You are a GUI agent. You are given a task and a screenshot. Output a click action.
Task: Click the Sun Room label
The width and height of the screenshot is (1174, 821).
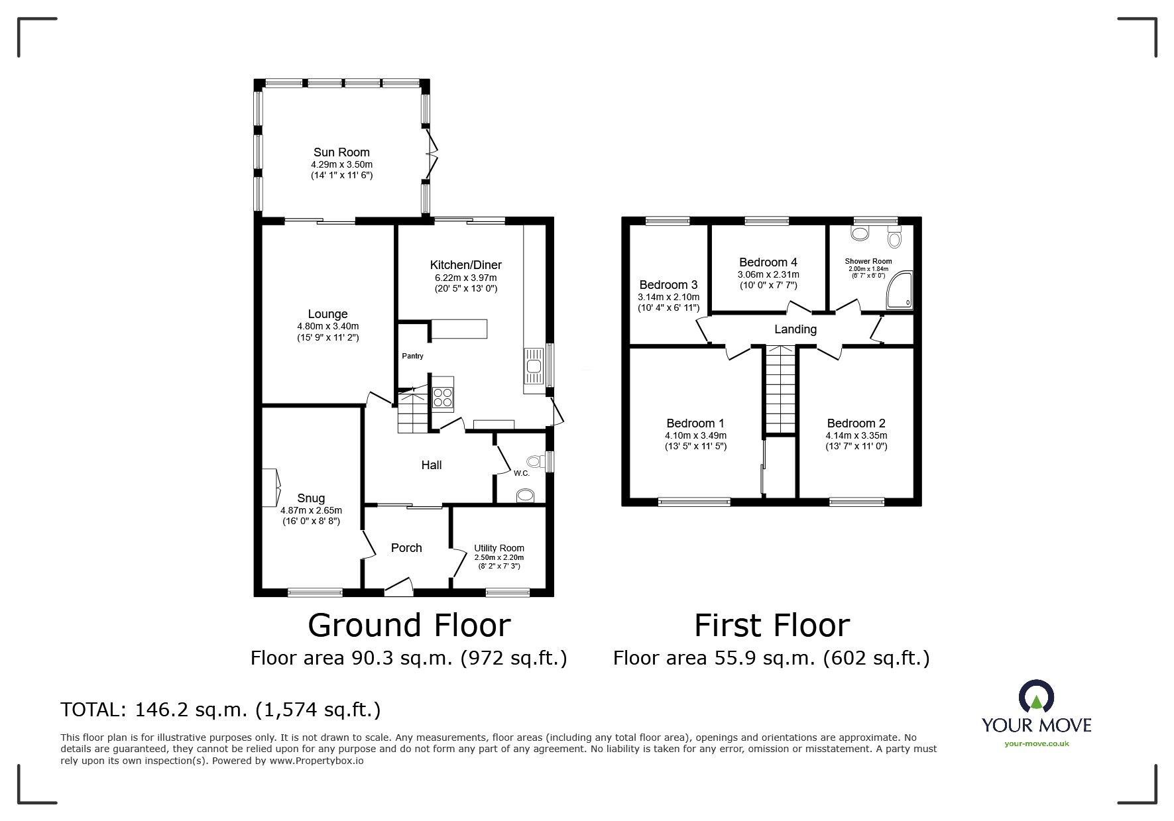tap(341, 152)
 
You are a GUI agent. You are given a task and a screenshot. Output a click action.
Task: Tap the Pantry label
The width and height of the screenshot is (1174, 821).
tap(412, 356)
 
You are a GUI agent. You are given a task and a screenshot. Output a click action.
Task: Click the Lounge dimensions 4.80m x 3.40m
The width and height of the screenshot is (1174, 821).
tap(327, 326)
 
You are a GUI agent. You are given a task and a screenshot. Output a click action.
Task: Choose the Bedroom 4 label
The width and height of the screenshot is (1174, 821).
tap(768, 262)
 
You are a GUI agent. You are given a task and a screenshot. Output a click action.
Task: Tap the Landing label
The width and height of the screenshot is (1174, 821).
tap(795, 329)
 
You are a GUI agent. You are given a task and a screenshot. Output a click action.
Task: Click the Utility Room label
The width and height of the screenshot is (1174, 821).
tap(499, 548)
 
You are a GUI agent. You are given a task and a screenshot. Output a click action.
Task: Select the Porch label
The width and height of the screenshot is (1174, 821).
tap(406, 548)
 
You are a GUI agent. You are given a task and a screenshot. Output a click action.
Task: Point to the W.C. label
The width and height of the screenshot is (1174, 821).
tap(521, 473)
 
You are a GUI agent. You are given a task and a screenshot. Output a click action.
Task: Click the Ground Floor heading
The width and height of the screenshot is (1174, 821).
tap(409, 625)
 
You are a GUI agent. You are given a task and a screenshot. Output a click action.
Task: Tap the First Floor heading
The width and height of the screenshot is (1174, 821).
tap(772, 625)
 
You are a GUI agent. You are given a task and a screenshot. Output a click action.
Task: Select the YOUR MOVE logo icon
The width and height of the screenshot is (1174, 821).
tap(1036, 697)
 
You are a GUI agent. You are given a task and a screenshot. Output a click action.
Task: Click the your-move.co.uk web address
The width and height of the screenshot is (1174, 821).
tap(1037, 743)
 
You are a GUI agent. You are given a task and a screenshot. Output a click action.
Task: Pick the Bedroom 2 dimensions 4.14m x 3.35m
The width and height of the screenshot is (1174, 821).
tap(856, 435)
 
